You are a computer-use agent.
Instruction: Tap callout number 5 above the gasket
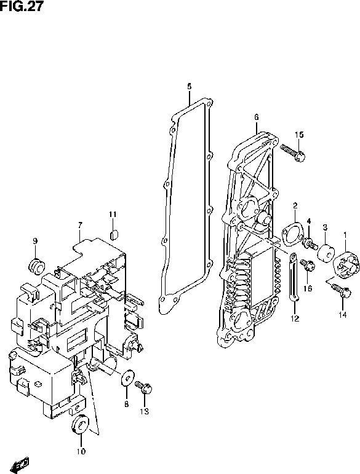190,86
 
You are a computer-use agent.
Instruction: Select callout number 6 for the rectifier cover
256,117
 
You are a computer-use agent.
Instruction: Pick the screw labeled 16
309,267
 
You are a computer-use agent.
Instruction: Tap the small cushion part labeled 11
113,232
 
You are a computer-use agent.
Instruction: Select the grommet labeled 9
36,265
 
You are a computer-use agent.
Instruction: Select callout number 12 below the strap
295,318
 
